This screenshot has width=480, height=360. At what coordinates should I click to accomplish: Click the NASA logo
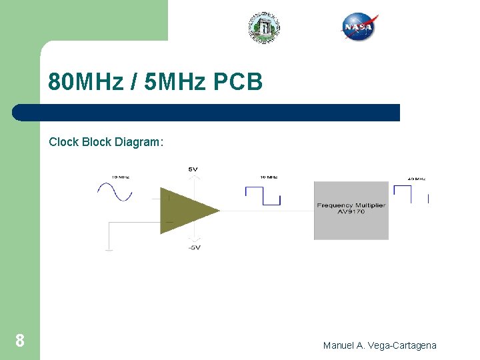360,27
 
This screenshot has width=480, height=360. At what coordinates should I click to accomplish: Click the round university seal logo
265,27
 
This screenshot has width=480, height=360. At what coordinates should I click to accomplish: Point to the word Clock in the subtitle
64,142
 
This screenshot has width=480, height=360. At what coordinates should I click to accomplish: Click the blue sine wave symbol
115,192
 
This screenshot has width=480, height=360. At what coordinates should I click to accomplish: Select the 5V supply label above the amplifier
193,169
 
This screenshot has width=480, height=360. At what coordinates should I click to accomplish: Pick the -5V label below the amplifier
193,248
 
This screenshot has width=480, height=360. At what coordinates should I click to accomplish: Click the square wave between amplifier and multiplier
263,195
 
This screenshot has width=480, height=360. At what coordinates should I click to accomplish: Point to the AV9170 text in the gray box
351,213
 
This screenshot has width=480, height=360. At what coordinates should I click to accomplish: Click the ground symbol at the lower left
109,249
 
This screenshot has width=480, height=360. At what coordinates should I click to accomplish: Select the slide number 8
20,341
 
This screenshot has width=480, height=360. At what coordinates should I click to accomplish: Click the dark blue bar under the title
207,113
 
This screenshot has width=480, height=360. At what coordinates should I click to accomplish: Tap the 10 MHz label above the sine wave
120,177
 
